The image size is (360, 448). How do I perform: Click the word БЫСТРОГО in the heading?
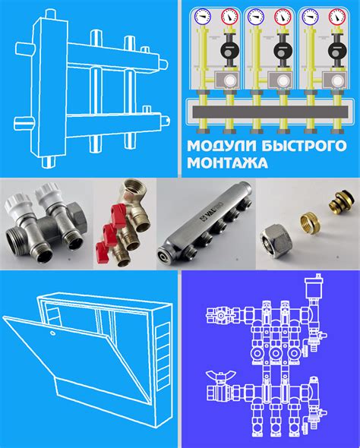[x=304, y=146]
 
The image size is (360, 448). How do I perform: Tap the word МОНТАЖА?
[x=227, y=162]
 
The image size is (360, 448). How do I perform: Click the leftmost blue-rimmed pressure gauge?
[x=203, y=17]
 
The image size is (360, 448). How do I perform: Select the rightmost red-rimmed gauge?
[x=337, y=17]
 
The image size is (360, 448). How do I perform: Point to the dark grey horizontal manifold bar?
[x=270, y=112]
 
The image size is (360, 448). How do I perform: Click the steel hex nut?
[x=276, y=241]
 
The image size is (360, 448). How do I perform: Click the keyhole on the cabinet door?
[x=52, y=333]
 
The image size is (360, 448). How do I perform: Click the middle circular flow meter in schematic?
[x=276, y=353]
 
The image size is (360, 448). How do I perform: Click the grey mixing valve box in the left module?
[x=227, y=80]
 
